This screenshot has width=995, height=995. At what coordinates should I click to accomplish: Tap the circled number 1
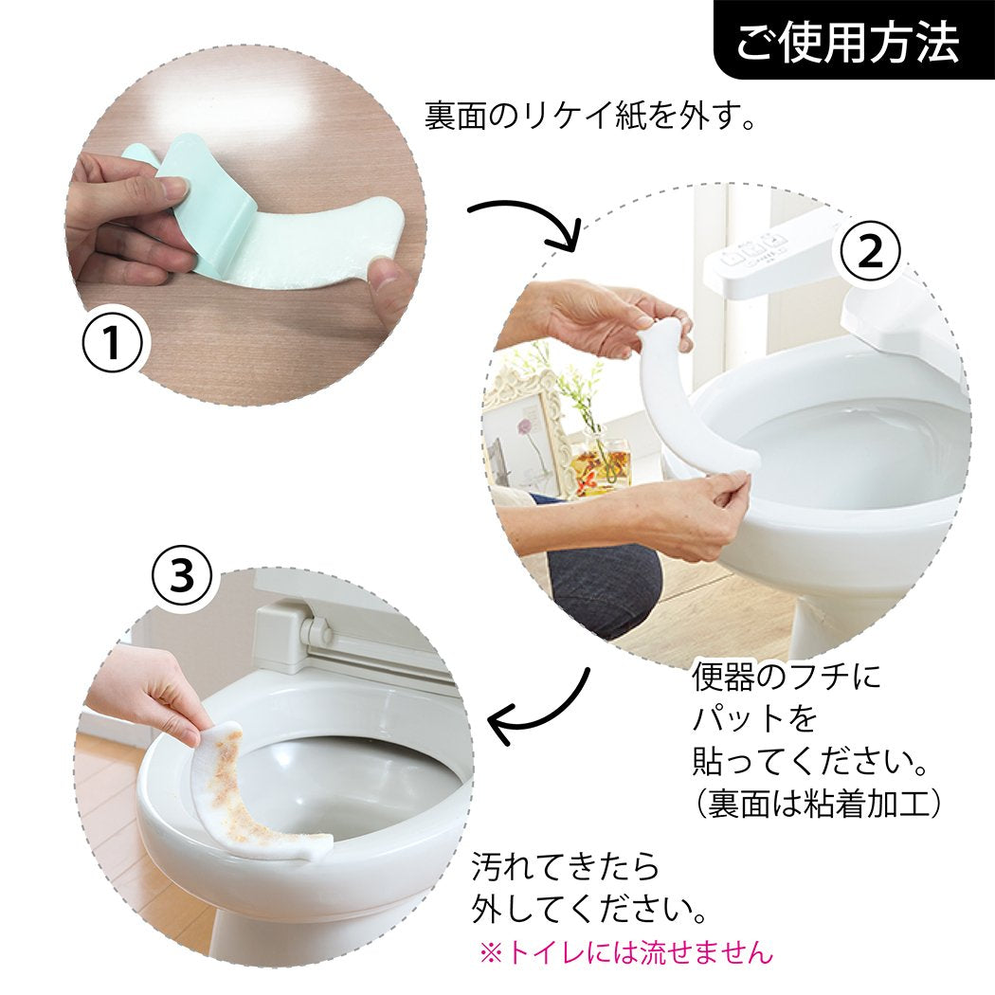tap(111, 344)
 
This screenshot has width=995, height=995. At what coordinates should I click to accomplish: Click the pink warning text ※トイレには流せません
tap(625, 951)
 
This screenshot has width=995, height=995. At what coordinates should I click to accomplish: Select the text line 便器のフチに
tap(786, 678)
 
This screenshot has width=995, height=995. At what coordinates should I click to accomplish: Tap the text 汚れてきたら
tap(565, 865)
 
